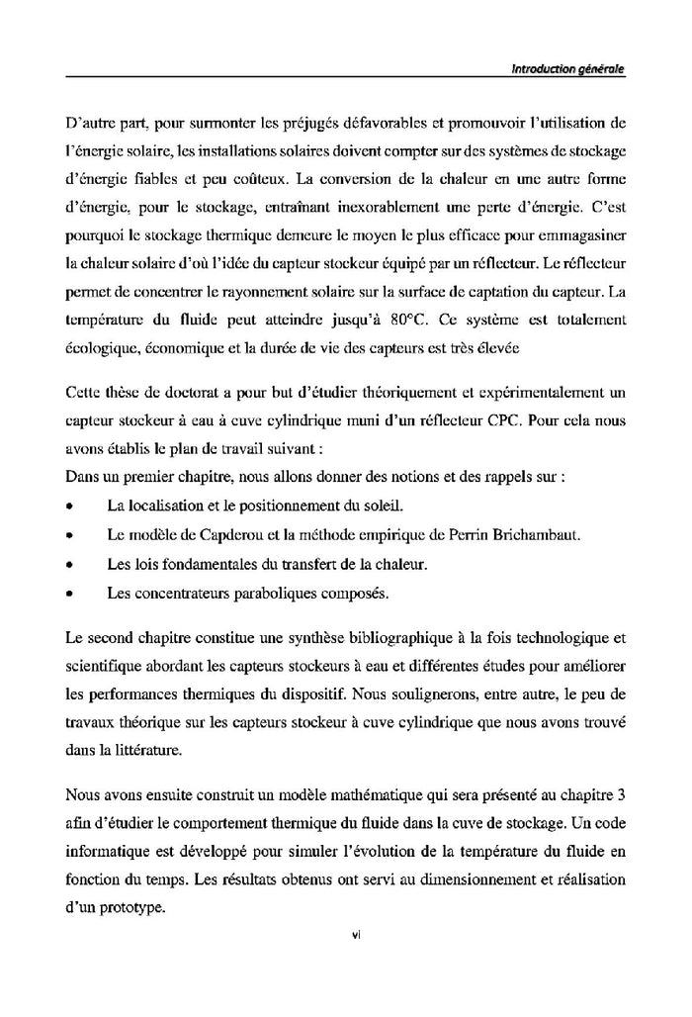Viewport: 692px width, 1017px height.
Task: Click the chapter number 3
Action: (x=623, y=793)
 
